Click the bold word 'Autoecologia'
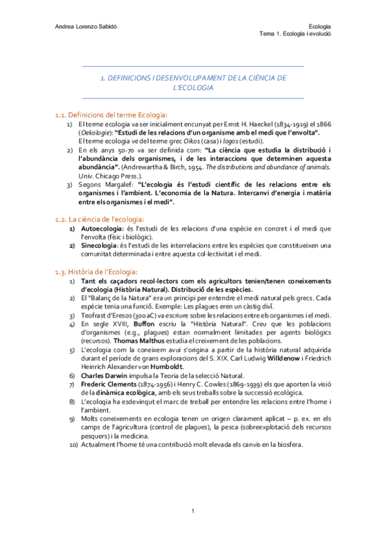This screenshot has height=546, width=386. tap(97, 229)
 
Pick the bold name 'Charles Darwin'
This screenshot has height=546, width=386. tap(102, 375)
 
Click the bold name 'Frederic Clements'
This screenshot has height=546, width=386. tap(106, 384)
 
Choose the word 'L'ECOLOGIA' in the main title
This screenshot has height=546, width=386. tap(193, 88)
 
